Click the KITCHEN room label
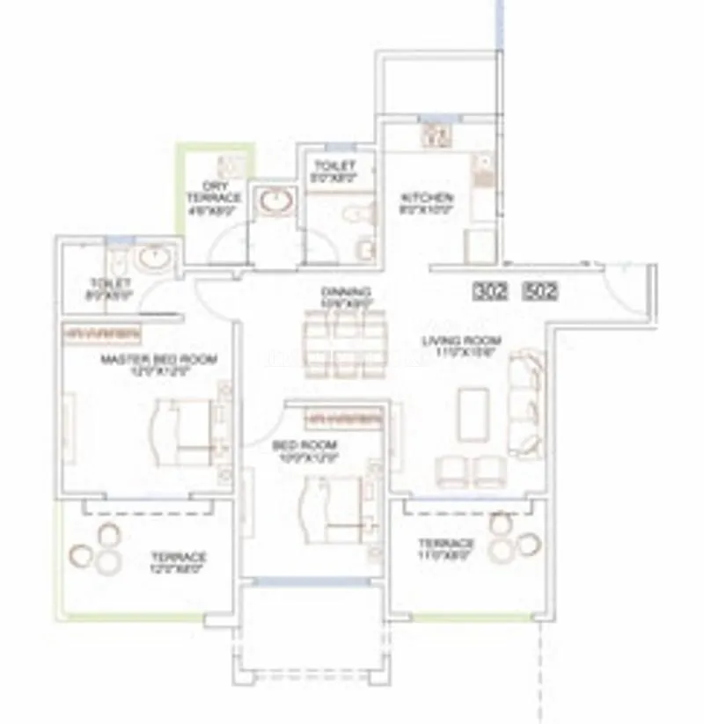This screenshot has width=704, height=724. click(427, 197)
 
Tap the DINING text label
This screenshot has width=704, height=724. click(346, 292)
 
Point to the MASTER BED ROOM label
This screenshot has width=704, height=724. click(158, 359)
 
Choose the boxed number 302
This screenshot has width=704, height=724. click(490, 290)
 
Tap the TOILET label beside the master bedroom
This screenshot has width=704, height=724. click(110, 283)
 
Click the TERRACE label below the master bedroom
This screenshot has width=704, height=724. click(177, 558)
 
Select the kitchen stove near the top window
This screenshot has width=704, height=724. click(437, 135)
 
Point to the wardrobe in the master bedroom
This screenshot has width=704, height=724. click(101, 334)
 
